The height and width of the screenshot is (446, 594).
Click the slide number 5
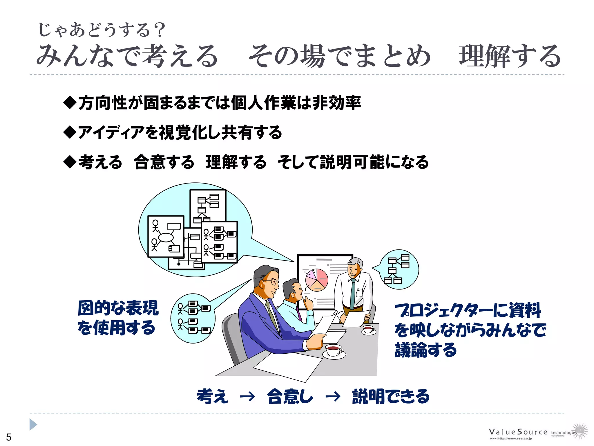coord(9,437)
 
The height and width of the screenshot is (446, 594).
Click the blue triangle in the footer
coord(33,425)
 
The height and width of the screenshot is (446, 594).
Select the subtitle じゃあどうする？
coord(102,30)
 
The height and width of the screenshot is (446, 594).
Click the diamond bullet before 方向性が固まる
coord(70,102)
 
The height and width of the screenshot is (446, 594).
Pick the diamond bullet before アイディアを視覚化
coord(70,132)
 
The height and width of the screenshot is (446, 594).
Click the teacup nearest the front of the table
coord(334,350)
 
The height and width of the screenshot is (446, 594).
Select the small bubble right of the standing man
coord(399,269)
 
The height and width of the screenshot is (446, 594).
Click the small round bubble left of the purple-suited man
coord(193,318)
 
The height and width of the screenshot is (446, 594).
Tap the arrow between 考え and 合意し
coord(247,396)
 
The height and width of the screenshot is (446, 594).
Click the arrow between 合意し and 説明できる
coord(333,396)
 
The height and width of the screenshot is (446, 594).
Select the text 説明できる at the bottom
coord(390,396)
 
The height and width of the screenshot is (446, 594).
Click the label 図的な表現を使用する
coord(118,318)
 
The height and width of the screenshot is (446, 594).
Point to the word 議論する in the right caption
coord(425,350)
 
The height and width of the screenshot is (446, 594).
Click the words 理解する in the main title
coord(510,56)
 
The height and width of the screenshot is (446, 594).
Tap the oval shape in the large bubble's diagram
coord(166,238)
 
